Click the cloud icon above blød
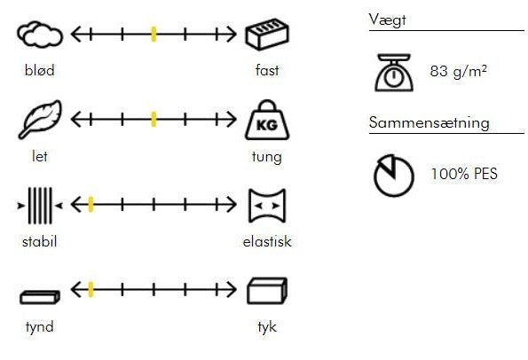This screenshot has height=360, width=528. (40, 35)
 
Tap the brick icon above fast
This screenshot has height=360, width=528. (267, 35)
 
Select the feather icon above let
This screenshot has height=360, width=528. (40, 120)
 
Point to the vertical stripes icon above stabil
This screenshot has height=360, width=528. (40, 206)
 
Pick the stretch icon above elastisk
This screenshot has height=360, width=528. (267, 206)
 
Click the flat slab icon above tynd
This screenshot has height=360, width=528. (40, 297)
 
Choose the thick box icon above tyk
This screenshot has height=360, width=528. (267, 291)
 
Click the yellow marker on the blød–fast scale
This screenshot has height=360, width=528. (154, 35)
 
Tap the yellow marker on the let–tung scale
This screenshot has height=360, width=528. (154, 120)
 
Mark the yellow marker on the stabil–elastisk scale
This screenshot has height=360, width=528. (91, 205)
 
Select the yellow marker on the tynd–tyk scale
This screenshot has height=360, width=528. (91, 290)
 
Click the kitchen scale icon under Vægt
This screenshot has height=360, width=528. (394, 73)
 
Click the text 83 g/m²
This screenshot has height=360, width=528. (458, 72)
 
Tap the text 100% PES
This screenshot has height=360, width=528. (464, 174)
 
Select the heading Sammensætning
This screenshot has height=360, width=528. (429, 122)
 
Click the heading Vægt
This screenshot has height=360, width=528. (387, 20)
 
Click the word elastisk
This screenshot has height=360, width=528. (267, 241)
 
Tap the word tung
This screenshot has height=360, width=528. (267, 157)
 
